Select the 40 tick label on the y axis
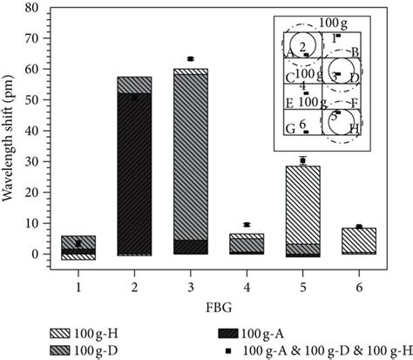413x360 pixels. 32,131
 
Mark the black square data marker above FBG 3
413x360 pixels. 191,58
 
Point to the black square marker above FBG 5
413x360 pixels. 302,160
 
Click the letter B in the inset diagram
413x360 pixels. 355,53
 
